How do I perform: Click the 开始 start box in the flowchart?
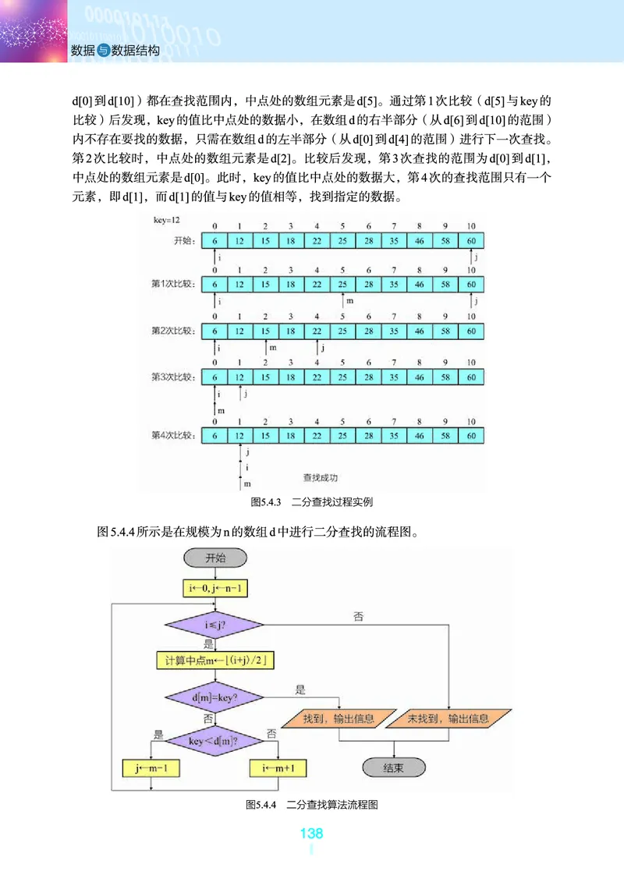click(x=214, y=558)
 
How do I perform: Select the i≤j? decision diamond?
click(x=214, y=624)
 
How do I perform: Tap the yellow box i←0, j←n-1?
click(x=214, y=587)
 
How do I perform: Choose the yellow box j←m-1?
click(x=151, y=767)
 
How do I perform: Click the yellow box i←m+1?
click(x=278, y=767)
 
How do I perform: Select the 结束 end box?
click(x=394, y=767)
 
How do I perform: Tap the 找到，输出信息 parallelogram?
click(x=338, y=718)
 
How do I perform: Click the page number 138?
click(x=311, y=834)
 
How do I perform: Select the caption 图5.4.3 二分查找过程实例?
click(x=311, y=501)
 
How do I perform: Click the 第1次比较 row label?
click(x=172, y=284)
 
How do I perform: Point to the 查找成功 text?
click(x=320, y=476)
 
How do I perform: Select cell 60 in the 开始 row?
click(x=471, y=240)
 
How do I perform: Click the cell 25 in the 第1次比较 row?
click(x=342, y=284)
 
